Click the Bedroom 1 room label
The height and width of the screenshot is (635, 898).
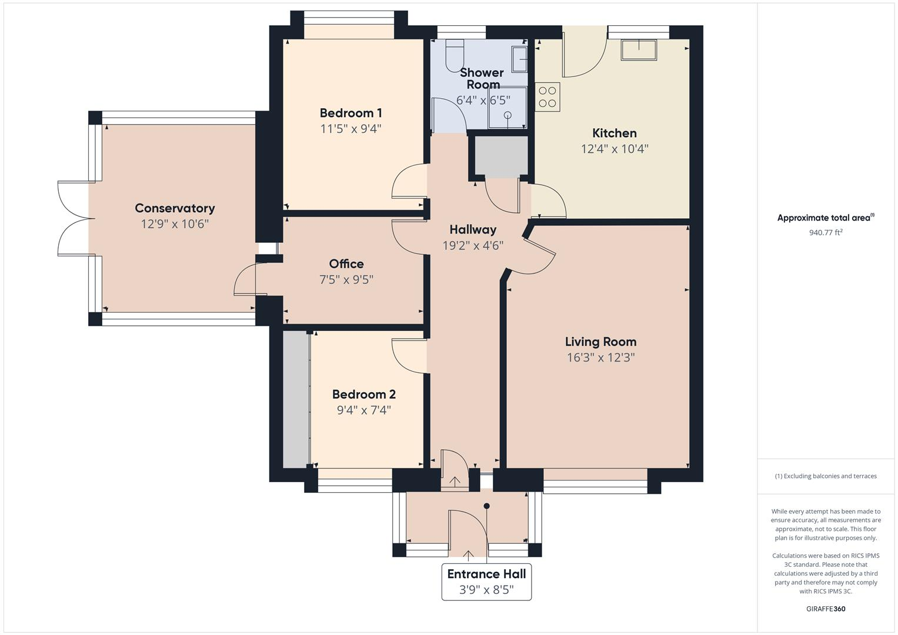(x=350, y=113)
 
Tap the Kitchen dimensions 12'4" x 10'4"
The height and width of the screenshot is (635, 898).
(x=614, y=149)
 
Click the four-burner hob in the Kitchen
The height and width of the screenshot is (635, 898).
(x=548, y=97)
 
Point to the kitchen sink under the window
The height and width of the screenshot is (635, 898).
(x=639, y=50)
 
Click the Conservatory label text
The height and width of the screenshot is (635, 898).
(x=175, y=208)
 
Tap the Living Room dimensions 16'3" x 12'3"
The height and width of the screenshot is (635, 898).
(x=600, y=357)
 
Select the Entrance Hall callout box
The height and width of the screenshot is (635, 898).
(x=486, y=581)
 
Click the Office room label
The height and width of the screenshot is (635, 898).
(x=346, y=264)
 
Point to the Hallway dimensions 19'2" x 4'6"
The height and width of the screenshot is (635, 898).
(x=473, y=246)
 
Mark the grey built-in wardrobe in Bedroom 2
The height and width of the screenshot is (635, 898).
(x=296, y=400)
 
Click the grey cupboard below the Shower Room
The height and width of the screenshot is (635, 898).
(x=500, y=156)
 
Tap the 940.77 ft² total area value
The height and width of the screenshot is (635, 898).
(x=826, y=232)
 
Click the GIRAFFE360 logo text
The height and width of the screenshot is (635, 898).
(x=826, y=609)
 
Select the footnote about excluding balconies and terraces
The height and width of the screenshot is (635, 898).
(x=826, y=476)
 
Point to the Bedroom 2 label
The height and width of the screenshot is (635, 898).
(x=363, y=395)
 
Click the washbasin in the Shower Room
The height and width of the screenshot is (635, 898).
(x=520, y=59)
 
